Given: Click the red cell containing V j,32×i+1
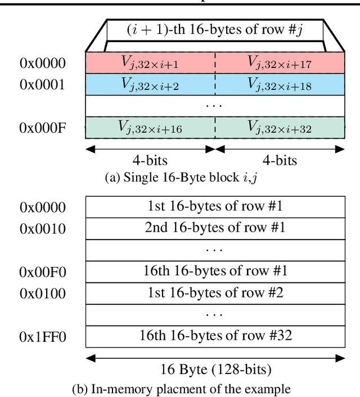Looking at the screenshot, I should click(x=150, y=63).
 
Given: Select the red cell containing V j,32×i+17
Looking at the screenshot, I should click(x=279, y=63).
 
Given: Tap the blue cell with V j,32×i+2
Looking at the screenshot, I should click(x=150, y=84).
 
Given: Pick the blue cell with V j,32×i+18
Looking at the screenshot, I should click(x=279, y=84).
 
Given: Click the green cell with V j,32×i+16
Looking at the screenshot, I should click(x=150, y=128).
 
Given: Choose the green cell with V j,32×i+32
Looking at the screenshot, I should click(x=279, y=128).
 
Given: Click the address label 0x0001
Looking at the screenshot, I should click(x=43, y=85).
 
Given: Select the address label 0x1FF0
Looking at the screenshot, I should click(x=43, y=336).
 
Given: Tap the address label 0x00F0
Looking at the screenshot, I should click(x=43, y=272).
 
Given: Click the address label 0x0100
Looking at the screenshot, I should click(x=43, y=293).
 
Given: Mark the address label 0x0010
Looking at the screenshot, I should click(x=43, y=229).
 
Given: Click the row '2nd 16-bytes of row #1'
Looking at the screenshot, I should click(x=215, y=228).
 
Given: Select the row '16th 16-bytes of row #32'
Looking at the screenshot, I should click(x=215, y=336).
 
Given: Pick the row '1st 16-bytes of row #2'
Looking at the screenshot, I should click(x=215, y=292).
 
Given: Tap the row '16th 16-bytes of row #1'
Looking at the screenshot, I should click(x=215, y=271).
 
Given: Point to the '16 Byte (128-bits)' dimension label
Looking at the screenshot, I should click(x=216, y=370).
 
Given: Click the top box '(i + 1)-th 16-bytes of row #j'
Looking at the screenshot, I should click(x=215, y=30).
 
